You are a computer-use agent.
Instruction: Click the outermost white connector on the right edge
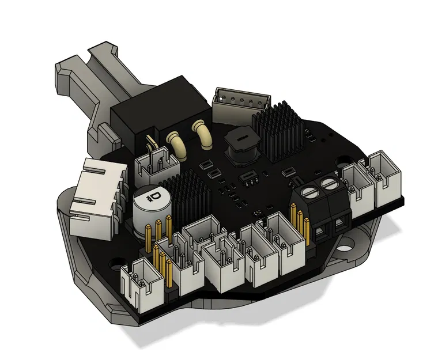tap(386, 178)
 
